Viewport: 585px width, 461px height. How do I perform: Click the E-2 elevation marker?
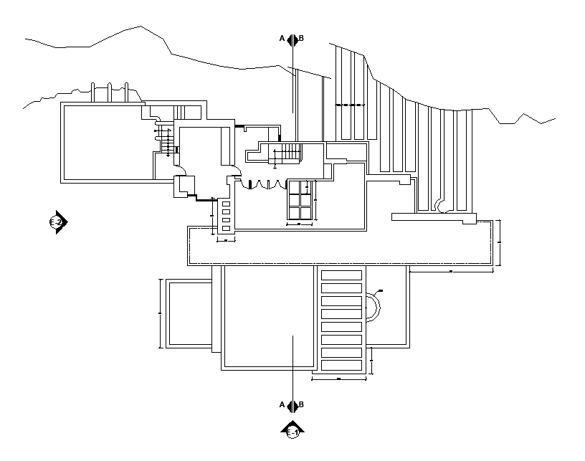coord(57,223)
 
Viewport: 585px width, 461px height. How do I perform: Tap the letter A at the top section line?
coord(282,39)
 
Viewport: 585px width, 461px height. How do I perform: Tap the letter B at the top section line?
coord(301,39)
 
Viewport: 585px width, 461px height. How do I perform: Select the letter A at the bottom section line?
coord(282,405)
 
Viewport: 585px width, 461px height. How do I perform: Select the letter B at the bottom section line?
coord(301,405)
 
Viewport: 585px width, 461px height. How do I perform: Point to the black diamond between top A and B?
coord(292,39)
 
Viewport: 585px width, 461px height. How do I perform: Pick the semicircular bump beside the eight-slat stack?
coord(374,308)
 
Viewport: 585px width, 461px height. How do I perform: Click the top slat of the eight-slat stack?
coord(341,275)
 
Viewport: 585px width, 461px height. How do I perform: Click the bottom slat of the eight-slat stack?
coord(341,366)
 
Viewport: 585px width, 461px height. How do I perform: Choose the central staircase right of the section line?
coord(290,153)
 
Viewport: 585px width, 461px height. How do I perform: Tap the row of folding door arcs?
coord(265,184)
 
